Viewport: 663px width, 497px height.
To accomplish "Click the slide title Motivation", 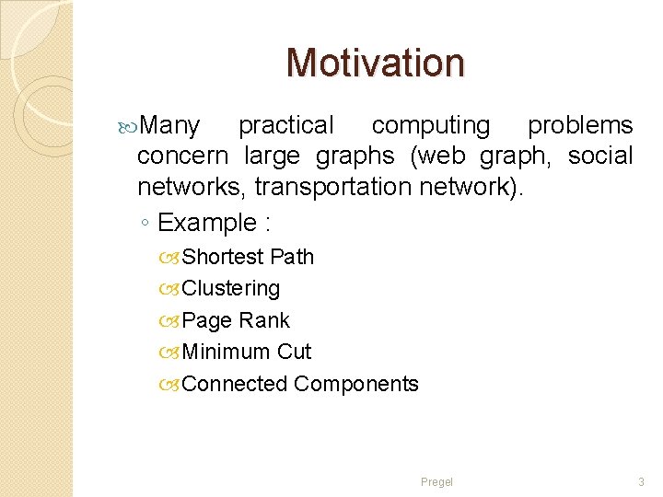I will pyautogui.click(x=376, y=63).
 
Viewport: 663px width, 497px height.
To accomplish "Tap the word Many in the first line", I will pyautogui.click(x=172, y=125).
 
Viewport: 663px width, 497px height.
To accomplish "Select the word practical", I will pyautogui.click(x=286, y=125).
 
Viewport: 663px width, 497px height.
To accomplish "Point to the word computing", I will pyautogui.click(x=431, y=125).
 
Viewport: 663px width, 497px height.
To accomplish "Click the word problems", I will pyautogui.click(x=580, y=125).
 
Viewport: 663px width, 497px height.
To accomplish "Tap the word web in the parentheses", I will pyautogui.click(x=446, y=156).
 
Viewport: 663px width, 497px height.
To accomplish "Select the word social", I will pyautogui.click(x=600, y=156).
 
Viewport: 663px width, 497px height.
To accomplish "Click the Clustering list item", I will pyautogui.click(x=231, y=288).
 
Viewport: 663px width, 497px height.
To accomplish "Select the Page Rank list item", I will pyautogui.click(x=236, y=320).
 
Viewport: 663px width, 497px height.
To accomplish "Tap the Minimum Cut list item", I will pyautogui.click(x=247, y=352).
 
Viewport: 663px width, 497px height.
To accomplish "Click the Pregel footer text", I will pyautogui.click(x=436, y=482).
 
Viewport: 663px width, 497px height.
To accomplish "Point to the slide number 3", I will pyautogui.click(x=641, y=482).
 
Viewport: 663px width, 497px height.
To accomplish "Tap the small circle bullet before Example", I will pyautogui.click(x=145, y=224).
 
